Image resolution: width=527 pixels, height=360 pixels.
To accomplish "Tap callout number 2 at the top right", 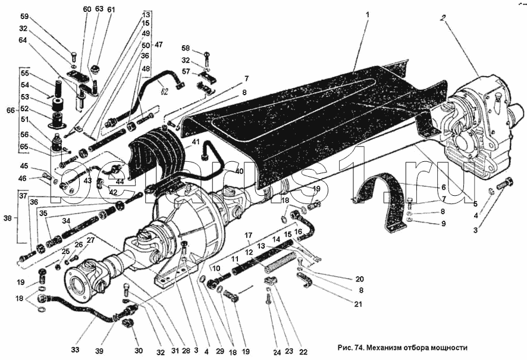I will click(443, 17).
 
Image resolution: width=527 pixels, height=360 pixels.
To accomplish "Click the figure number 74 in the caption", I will click(357, 348).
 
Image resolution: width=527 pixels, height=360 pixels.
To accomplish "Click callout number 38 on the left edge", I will click(7, 218).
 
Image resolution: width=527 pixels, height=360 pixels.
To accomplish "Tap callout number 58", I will click(185, 48).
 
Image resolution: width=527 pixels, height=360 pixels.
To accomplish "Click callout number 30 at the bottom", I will click(139, 350).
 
